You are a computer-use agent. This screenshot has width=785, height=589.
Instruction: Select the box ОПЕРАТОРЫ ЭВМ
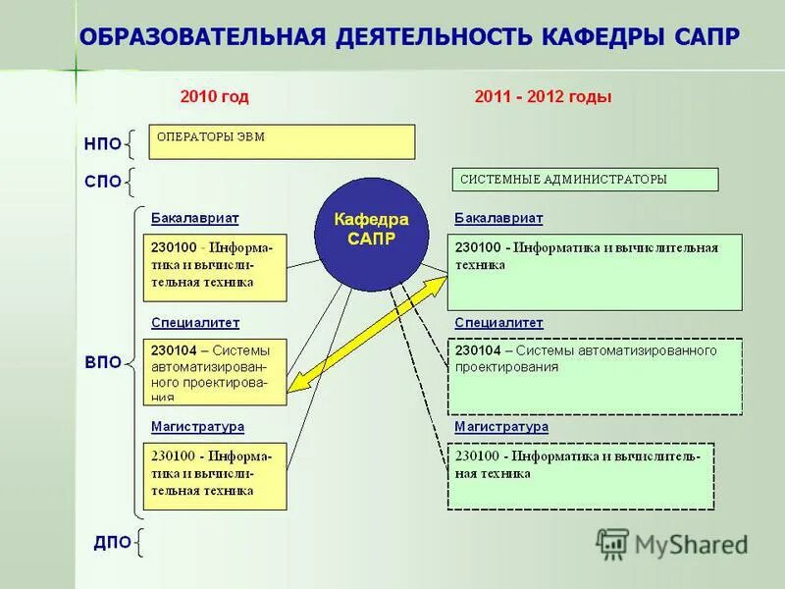[282, 141]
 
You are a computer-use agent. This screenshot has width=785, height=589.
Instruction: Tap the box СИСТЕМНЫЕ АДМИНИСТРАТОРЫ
[585, 180]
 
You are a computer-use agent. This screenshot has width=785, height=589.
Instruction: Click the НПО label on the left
[102, 144]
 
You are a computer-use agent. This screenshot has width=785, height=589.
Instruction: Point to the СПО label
[102, 182]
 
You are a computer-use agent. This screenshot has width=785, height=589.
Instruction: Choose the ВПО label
[102, 362]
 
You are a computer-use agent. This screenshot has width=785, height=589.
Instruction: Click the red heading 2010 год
[215, 97]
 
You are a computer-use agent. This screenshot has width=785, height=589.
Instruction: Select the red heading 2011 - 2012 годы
[543, 97]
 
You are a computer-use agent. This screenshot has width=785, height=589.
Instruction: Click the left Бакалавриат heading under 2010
[195, 218]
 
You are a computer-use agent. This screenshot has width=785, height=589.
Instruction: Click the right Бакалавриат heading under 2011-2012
[498, 218]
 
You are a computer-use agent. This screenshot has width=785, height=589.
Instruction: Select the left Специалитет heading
[195, 322]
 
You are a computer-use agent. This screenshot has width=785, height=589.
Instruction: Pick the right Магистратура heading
[500, 427]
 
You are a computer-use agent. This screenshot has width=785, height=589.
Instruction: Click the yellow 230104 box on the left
[215, 371]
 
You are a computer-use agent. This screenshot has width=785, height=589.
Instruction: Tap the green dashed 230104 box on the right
[595, 376]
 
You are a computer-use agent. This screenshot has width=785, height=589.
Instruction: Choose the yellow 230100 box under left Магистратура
[215, 475]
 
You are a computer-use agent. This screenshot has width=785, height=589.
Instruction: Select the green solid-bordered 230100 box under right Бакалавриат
[595, 272]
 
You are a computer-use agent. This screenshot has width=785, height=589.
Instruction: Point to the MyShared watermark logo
[673, 543]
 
